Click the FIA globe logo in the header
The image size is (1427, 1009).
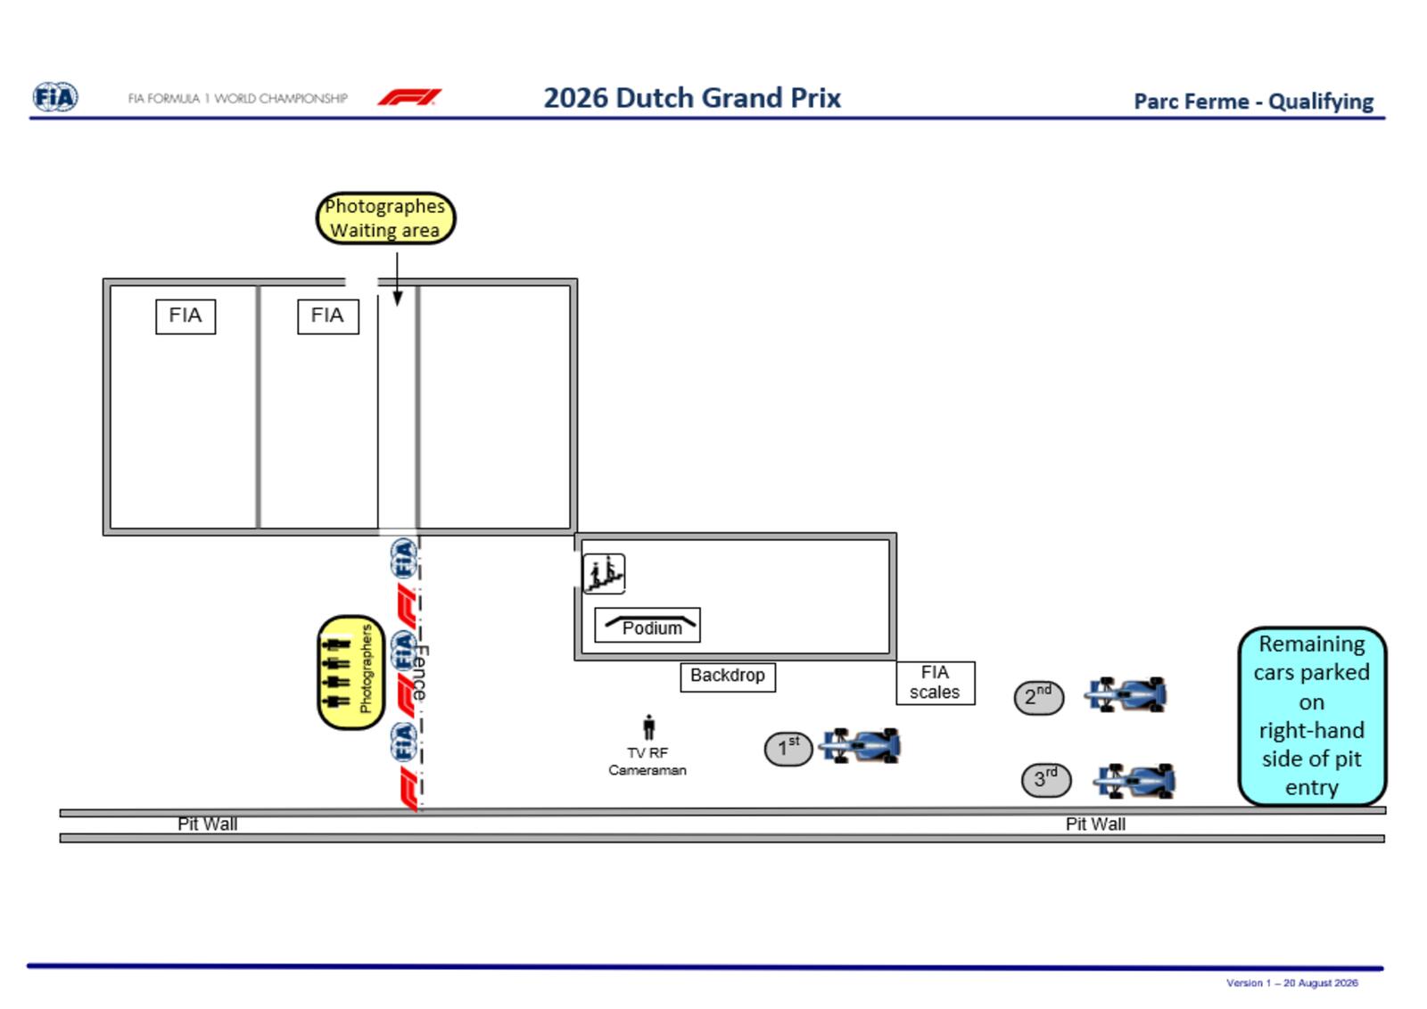pos(55,97)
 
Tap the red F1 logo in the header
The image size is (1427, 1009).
pos(409,97)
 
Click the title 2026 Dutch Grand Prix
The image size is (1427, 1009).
pos(692,98)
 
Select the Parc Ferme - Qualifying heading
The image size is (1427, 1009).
pos(1254,102)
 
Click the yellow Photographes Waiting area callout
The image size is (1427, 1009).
pos(386,217)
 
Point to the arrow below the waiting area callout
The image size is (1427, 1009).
pos(398,280)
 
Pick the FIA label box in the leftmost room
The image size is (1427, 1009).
pos(186,316)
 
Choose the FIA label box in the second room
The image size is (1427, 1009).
pos(328,316)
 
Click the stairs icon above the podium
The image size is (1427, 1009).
pos(604,573)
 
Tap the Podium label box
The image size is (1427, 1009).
pos(648,625)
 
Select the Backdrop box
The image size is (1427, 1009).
pos(728,676)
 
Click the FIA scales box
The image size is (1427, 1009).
pos(936,683)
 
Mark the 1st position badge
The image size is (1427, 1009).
pos(788,749)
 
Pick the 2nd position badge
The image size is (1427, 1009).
pos(1039,698)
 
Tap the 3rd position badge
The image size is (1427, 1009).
pos(1046,780)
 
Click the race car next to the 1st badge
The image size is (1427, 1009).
pos(860,745)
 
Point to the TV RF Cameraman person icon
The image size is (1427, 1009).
pos(648,727)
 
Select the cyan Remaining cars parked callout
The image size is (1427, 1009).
pos(1313,716)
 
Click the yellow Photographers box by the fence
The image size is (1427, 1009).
pos(351,672)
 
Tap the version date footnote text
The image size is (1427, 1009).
pos(1292,983)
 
